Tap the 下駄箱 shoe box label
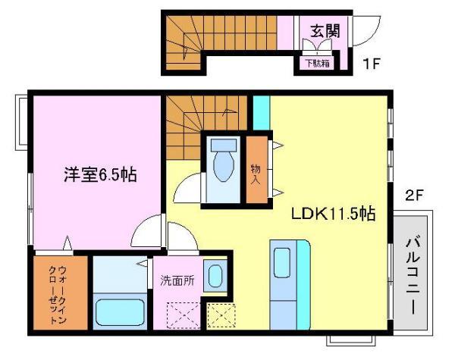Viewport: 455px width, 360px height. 316,64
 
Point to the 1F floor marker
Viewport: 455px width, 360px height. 370,64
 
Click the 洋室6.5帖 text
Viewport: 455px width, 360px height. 99,175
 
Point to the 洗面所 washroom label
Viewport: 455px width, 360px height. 177,280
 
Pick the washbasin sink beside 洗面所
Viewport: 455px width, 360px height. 215,274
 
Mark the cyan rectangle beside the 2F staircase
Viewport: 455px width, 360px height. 261,112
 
